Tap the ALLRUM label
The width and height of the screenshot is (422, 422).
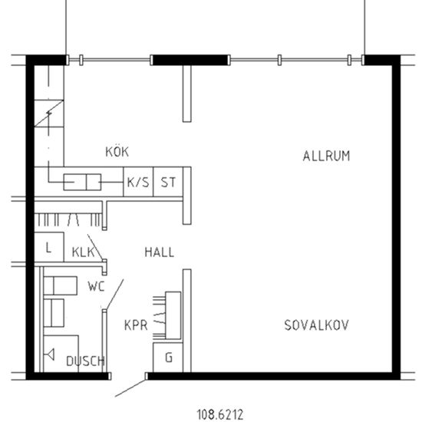coord(326,156)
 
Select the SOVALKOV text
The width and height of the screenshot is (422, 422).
coord(316,325)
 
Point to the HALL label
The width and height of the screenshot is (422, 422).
coord(159,252)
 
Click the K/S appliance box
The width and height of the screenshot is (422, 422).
coord(138,183)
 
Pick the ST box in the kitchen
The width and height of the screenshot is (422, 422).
coord(168,183)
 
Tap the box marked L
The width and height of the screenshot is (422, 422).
coord(48,248)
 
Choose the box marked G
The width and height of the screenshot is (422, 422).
coord(169,358)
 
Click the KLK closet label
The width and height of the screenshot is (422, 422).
coord(82,252)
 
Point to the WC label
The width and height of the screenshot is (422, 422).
coord(96,287)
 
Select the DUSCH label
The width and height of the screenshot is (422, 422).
coord(84,361)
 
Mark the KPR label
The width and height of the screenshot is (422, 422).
coord(135,325)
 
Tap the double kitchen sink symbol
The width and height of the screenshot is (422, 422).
coord(81,183)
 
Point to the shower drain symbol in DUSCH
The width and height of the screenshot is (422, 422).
coord(51,354)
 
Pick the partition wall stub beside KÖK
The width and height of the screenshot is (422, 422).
coord(186,94)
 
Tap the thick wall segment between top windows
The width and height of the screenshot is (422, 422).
coord(190,59)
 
